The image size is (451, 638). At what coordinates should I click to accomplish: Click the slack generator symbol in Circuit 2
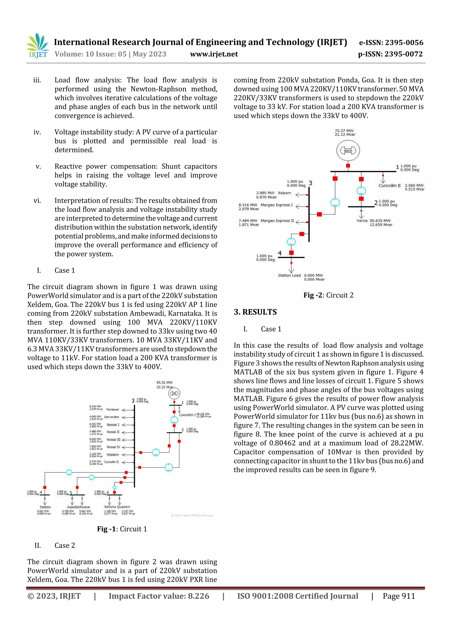point(348,150)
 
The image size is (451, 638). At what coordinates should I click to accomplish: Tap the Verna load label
point(362,221)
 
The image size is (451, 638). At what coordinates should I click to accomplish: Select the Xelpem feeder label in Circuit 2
point(284,193)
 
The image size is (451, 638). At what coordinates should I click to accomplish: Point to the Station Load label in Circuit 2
point(289,275)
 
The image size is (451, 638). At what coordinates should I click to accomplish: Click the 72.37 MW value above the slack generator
point(344,131)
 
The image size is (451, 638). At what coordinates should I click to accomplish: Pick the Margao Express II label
point(277,221)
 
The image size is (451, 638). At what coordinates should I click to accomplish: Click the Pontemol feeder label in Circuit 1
point(113,409)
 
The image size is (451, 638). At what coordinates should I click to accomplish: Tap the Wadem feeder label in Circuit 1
point(113,455)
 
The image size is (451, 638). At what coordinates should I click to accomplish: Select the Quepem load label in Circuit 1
point(123,507)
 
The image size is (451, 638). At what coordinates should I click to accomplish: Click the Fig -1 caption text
point(122,529)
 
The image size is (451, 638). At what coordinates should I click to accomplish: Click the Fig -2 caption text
point(328,295)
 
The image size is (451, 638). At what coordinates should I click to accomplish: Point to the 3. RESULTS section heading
point(255,312)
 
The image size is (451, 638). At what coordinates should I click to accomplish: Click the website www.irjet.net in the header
point(214,54)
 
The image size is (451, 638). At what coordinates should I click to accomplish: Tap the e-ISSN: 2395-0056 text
point(391,43)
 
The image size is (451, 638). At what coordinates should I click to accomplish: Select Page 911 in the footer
point(399,596)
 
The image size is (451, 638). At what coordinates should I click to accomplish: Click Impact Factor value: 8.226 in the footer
point(159,596)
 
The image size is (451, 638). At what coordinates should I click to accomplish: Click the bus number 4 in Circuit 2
point(280,253)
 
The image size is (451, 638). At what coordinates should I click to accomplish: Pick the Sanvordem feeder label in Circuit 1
point(111,417)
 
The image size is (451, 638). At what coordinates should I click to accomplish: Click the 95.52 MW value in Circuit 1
point(164,383)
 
